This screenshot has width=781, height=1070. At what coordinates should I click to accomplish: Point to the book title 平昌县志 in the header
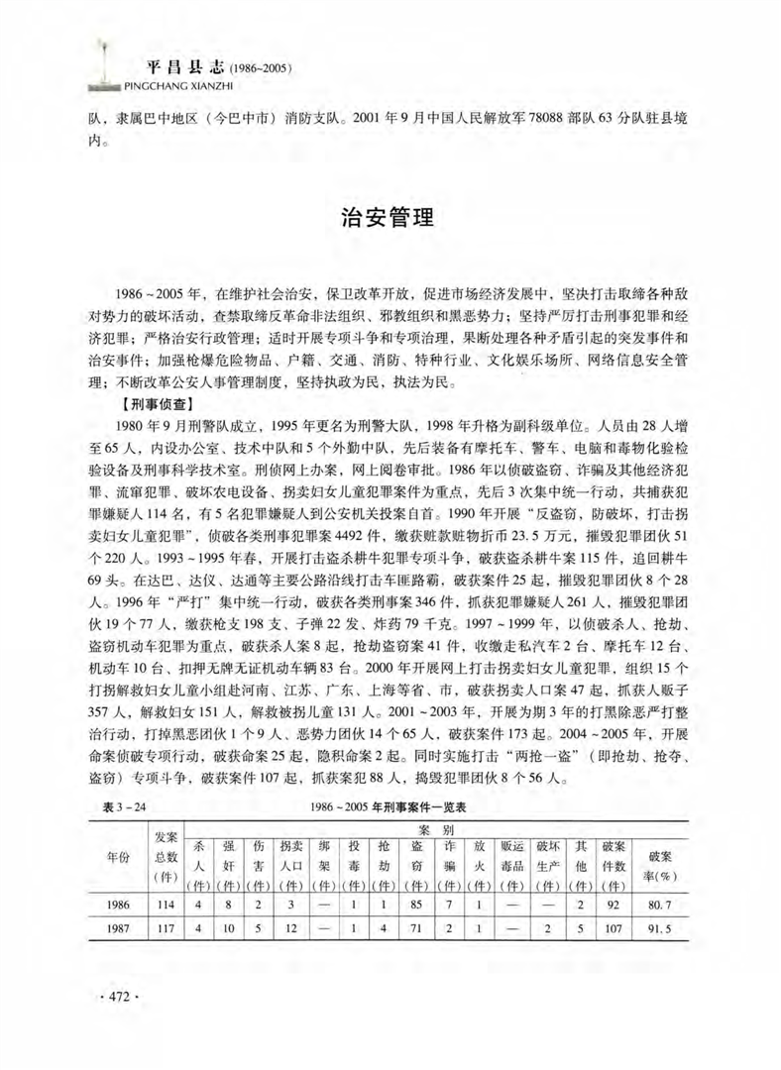pyautogui.click(x=184, y=69)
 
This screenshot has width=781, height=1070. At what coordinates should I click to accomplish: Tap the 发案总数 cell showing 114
pyautogui.click(x=166, y=906)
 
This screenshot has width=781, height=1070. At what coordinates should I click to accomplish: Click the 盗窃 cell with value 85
pyautogui.click(x=418, y=906)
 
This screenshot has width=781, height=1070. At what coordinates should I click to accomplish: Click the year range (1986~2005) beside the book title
pyautogui.click(x=259, y=70)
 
